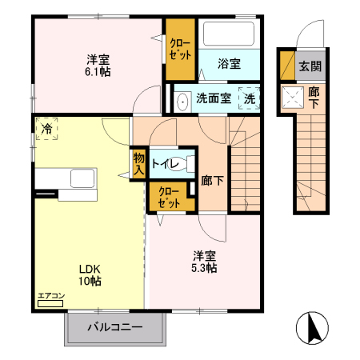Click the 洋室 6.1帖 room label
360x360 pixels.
click(x=98, y=64)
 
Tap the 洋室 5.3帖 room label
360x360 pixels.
click(x=204, y=262)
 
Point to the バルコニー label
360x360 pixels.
click(x=114, y=327)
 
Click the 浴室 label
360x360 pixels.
click(x=229, y=64)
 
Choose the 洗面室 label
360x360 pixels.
click(x=214, y=100)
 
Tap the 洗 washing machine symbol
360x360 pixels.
click(x=250, y=99)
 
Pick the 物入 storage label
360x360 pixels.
click(x=138, y=163)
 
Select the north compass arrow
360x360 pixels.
click(x=313, y=329)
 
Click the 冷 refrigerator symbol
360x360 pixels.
click(x=47, y=129)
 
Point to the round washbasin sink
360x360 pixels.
click(x=182, y=101)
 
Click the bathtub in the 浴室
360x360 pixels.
click(x=227, y=34)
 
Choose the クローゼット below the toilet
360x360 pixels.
click(x=168, y=198)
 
